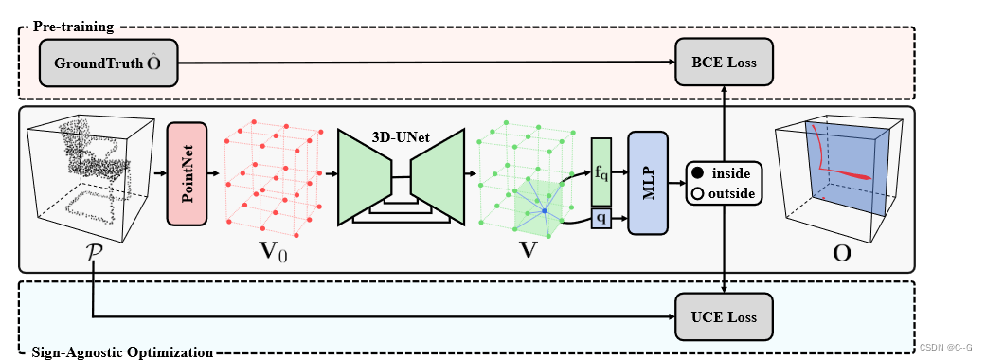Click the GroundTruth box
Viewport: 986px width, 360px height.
(x=109, y=63)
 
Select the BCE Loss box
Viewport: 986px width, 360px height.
(x=724, y=63)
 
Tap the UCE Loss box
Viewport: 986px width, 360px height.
(x=724, y=315)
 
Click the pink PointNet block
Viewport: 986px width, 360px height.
(x=186, y=174)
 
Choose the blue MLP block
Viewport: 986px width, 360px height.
(x=648, y=182)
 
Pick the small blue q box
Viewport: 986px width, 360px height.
(x=601, y=220)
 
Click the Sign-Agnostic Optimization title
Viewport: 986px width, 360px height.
(x=122, y=352)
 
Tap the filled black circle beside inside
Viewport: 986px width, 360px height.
(x=698, y=175)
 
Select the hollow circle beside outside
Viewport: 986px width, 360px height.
(x=698, y=193)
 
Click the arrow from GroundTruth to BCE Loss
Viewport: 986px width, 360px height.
(x=426, y=63)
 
